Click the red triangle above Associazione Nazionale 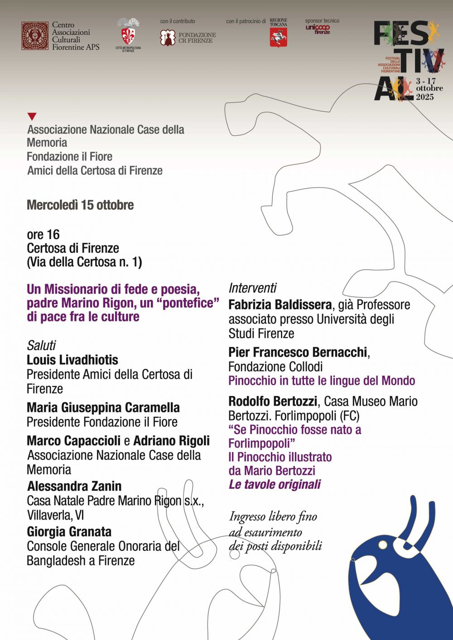(x=32, y=116)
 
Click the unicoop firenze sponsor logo (x=318, y=29)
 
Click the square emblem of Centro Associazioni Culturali (x=35, y=36)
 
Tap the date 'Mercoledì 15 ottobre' (x=80, y=205)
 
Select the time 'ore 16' (x=43, y=234)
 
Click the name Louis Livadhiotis (x=72, y=360)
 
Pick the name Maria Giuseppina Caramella (x=103, y=407)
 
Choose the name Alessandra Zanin (x=74, y=486)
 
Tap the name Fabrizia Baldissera (x=280, y=305)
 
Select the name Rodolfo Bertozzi (x=273, y=401)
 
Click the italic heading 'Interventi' (x=252, y=288)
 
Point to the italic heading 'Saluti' (x=41, y=345)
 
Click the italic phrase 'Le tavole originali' (x=275, y=484)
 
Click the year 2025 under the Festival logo (x=425, y=97)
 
